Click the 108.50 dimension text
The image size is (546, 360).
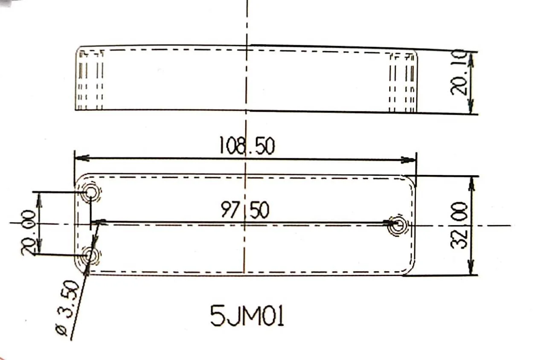247,146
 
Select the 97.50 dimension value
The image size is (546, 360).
245,210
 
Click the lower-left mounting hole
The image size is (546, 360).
90,256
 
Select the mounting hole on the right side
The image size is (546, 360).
398,224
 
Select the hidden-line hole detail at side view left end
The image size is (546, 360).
91,79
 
